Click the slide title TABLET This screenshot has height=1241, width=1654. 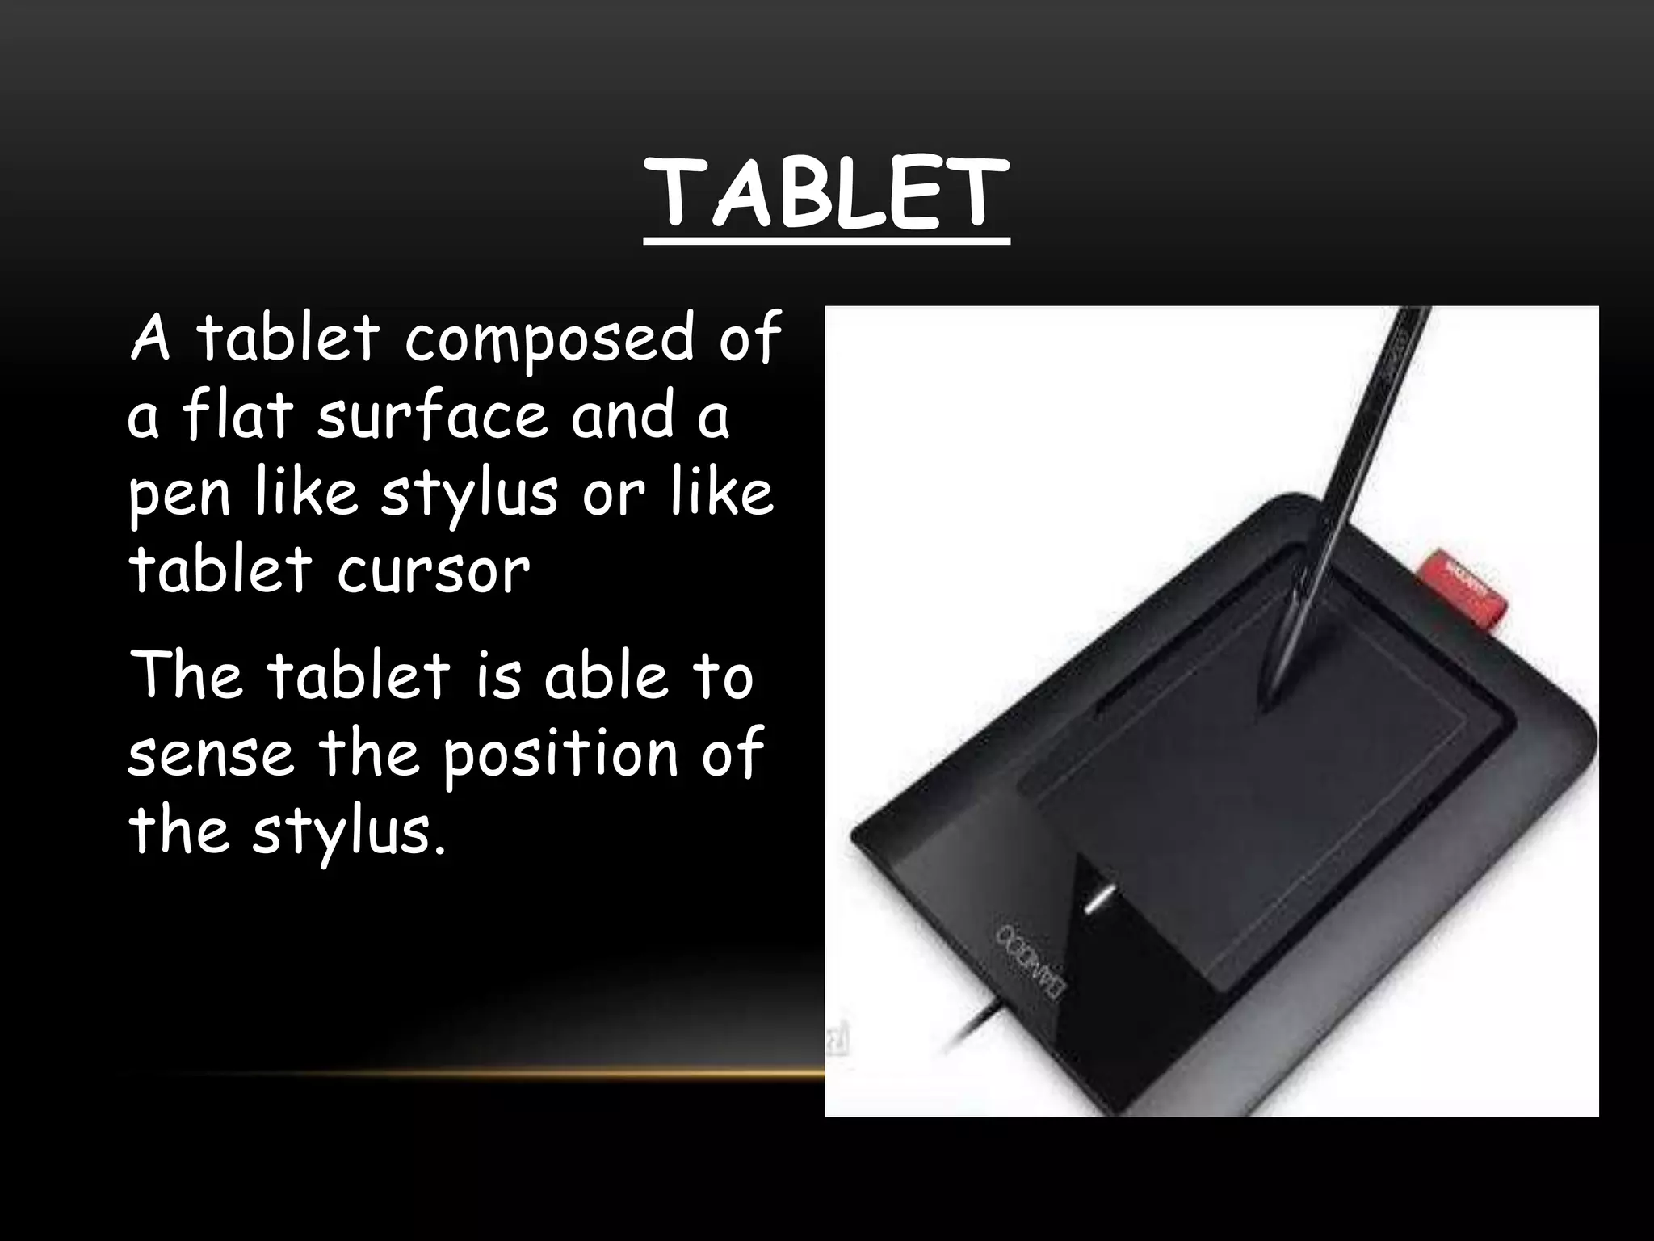pos(826,194)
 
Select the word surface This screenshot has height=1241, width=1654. pos(430,415)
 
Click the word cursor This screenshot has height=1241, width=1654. pos(434,570)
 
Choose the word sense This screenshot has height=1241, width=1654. pos(210,755)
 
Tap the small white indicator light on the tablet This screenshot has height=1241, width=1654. pos(1099,899)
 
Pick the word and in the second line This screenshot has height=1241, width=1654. pos(622,415)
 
